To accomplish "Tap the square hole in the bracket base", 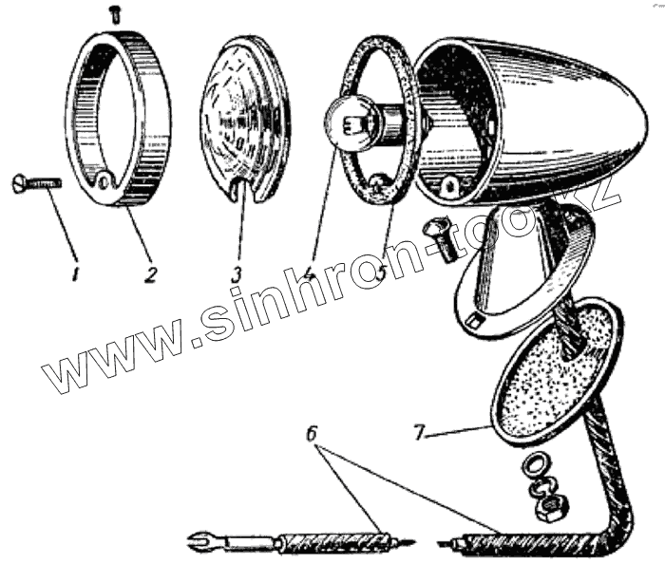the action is (x=473, y=324).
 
